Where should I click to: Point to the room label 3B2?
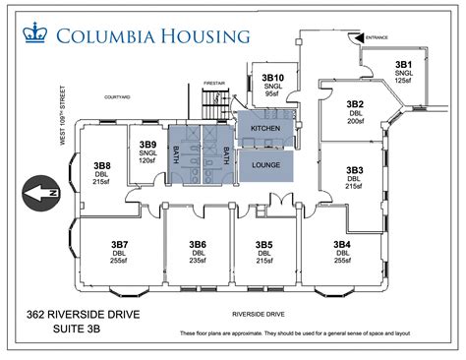pos(355,103)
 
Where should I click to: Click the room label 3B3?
pos(355,170)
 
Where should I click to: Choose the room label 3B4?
pos(342,244)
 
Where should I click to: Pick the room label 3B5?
pos(263,244)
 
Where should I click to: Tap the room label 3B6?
pos(198,244)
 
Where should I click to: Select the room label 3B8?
pos(101,165)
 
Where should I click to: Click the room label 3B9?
pos(147,145)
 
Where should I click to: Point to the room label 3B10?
pos(272,77)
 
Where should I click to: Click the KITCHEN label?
pos(265,130)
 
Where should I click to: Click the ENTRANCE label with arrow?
pos(376,37)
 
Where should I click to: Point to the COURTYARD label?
pos(119,97)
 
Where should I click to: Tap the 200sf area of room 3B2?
pos(355,121)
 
